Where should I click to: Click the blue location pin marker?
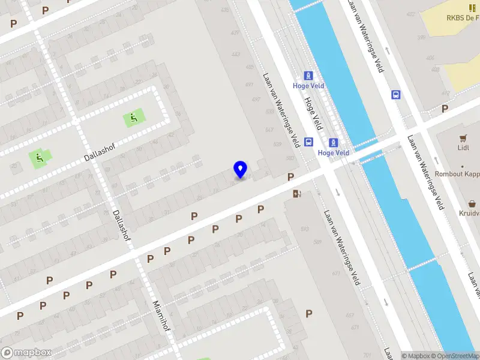tap(241, 169)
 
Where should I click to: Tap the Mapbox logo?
tap(26, 353)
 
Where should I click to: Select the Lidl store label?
tap(463, 148)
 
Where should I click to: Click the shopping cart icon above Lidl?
tap(463, 137)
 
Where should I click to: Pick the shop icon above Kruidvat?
tap(473, 203)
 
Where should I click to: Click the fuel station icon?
tap(296, 193)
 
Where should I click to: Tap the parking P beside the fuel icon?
tap(290, 177)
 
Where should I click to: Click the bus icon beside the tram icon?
tap(308, 142)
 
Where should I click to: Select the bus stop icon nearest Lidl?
tap(395, 94)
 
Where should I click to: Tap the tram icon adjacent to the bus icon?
tap(334, 143)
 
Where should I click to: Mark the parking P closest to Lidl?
tap(445, 109)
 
